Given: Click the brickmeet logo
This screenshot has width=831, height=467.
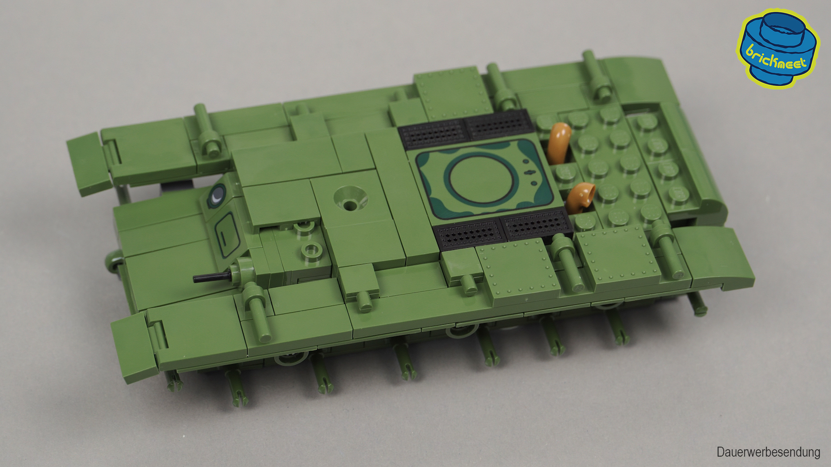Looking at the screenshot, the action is [778, 48].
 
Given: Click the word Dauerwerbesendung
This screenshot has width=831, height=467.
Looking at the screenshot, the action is [768, 452].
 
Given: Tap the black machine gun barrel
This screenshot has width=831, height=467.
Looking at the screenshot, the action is [212, 277].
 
